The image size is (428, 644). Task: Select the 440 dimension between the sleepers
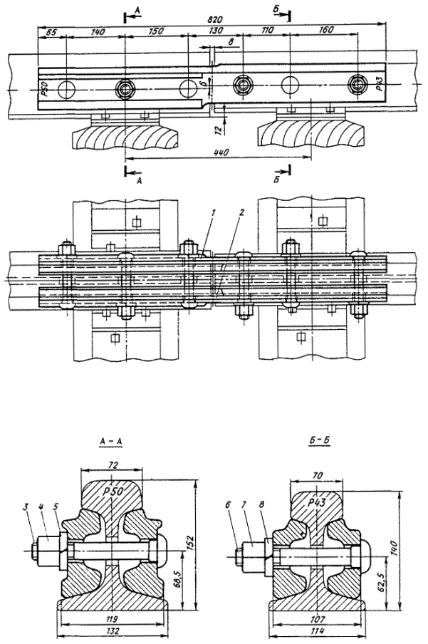point(219,152)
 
